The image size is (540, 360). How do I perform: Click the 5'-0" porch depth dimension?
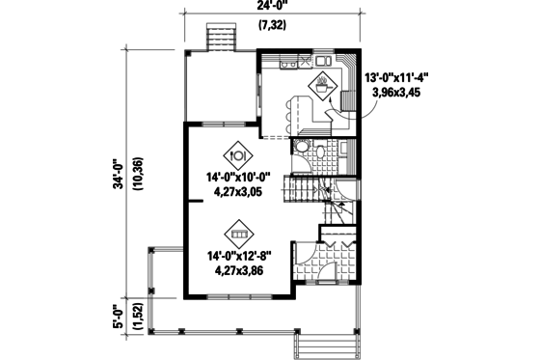point(118,315)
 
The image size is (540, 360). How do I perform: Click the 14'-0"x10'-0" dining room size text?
point(238,176)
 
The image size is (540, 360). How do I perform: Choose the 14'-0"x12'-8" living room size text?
point(238,256)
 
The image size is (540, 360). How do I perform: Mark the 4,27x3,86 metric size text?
point(238,271)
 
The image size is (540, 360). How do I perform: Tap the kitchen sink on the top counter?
point(290,64)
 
